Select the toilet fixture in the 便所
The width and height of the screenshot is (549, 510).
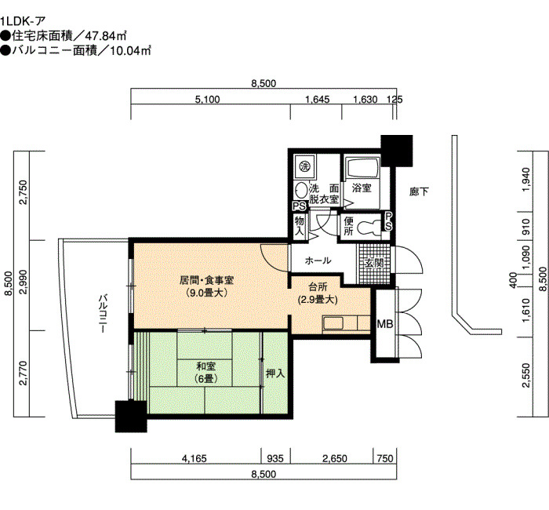[x=369, y=226]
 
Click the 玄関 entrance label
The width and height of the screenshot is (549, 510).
[x=374, y=263]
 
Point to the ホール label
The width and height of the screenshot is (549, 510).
[x=318, y=260]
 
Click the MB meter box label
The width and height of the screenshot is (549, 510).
[x=385, y=324]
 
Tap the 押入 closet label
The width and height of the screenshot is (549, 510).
[x=275, y=373]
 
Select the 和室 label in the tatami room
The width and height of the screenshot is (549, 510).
[x=205, y=366]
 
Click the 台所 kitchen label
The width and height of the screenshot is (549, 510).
[x=318, y=287]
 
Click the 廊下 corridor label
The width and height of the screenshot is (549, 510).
[x=419, y=191]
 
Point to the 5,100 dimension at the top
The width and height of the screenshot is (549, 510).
[x=208, y=100]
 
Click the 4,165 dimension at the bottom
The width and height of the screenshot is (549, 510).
[x=195, y=458]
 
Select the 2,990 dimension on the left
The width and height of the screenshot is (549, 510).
[x=24, y=284]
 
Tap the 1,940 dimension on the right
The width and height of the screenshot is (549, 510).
[x=525, y=180]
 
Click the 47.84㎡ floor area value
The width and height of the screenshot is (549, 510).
[x=106, y=36]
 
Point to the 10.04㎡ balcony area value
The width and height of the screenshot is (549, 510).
[x=130, y=51]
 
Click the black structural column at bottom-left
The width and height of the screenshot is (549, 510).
[x=131, y=417]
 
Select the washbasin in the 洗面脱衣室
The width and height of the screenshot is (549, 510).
[x=300, y=191]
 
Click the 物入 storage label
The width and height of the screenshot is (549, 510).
[x=300, y=226]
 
